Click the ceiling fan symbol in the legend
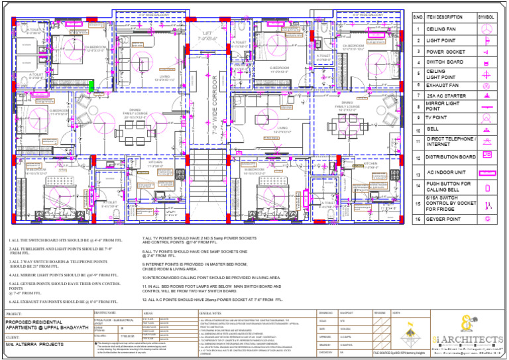click(x=486, y=29)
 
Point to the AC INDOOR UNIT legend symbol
click(x=486, y=172)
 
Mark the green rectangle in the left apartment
click(x=92, y=84)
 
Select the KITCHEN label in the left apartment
click(x=155, y=162)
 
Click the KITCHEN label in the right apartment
click(x=370, y=163)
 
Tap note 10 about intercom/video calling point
click(x=211, y=277)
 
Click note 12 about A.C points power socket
click(x=212, y=300)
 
